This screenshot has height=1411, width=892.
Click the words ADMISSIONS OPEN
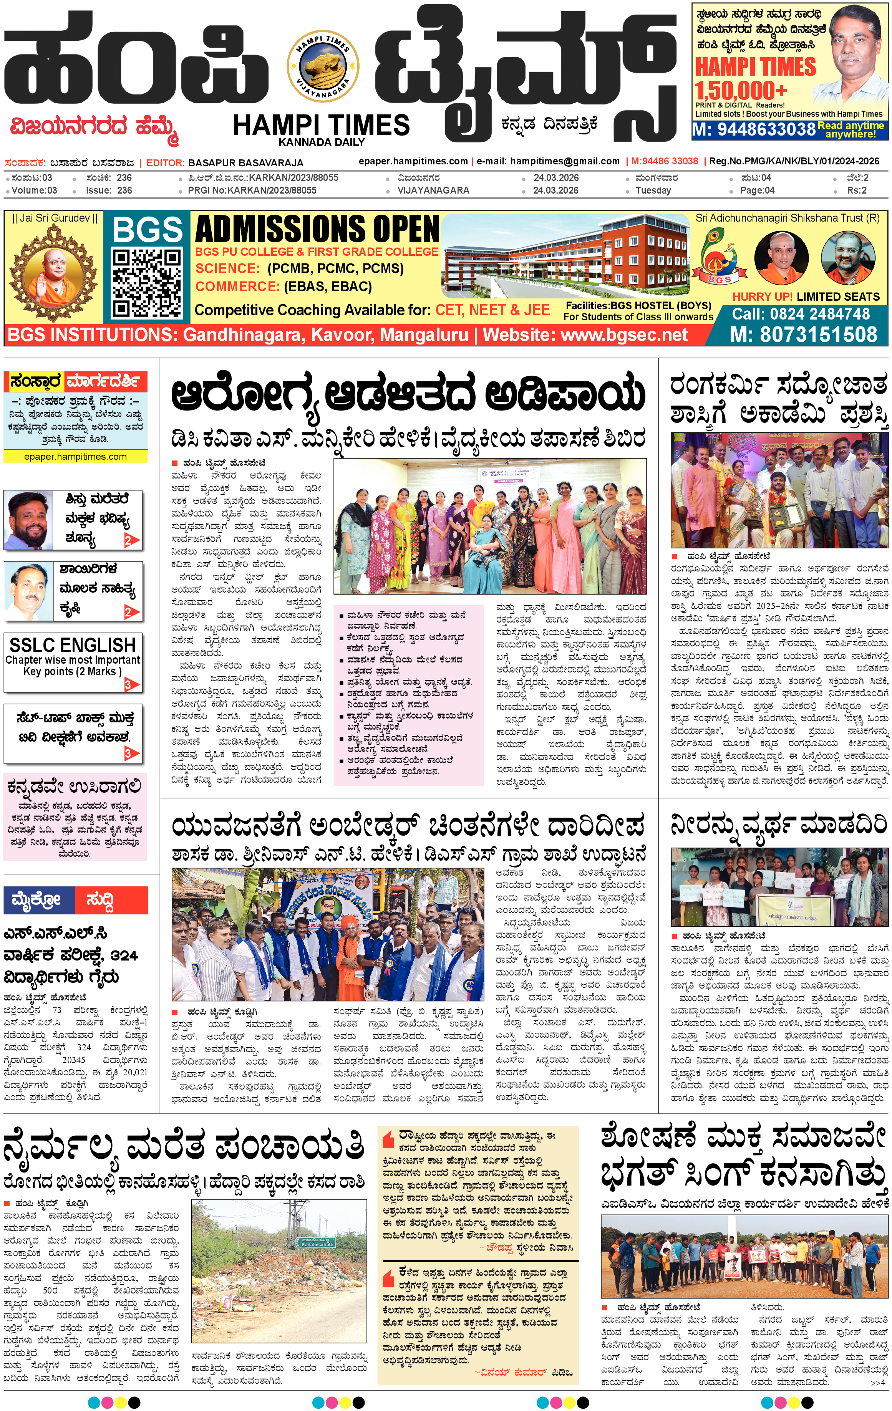317,229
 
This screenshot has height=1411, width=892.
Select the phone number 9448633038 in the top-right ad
754,129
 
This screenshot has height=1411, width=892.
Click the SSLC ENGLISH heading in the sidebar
73,645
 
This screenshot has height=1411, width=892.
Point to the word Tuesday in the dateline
653,190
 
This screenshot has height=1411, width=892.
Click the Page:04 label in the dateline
757,190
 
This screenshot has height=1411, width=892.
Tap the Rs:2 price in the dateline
856,190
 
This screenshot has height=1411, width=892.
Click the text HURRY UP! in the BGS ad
762,297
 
